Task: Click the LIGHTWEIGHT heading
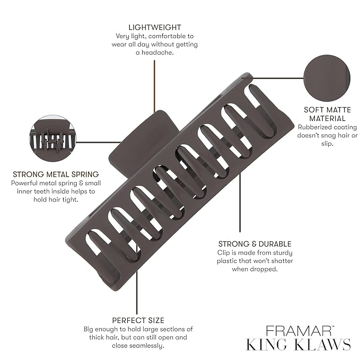(155, 27)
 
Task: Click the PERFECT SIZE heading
(138, 320)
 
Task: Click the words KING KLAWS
(298, 345)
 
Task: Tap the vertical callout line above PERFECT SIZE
(137, 292)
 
